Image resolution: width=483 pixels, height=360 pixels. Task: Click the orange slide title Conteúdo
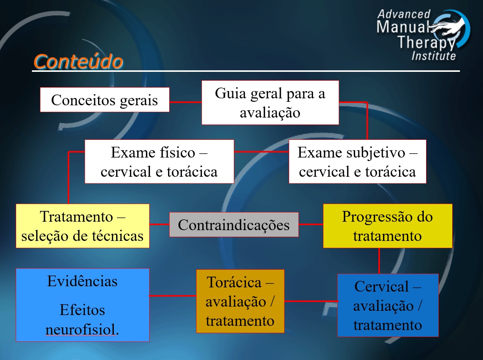point(78,61)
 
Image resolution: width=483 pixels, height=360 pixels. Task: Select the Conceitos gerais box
point(105,100)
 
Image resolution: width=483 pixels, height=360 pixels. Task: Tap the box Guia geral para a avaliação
point(270,103)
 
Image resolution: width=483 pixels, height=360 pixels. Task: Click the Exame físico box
point(159,161)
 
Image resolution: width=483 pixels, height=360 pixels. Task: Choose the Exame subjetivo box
point(357,161)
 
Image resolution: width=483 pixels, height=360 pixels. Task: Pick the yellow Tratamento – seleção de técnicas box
point(82,226)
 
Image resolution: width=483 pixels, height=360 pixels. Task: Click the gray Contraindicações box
point(234,225)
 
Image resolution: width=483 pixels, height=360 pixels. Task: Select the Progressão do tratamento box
point(387,226)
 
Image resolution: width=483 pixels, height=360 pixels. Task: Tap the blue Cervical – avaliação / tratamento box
point(388,305)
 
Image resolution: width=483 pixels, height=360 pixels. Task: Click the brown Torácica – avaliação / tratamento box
point(240,301)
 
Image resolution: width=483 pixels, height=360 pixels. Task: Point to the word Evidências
point(82,281)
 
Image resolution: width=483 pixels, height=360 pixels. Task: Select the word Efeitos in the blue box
point(82,310)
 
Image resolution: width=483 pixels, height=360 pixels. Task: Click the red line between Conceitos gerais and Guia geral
point(185,102)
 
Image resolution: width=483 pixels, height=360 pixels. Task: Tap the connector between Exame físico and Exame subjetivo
point(261,152)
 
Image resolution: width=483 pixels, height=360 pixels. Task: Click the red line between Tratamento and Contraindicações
point(159,224)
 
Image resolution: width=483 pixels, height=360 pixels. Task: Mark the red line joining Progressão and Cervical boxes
point(379,260)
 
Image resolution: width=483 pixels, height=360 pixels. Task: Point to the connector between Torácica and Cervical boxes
point(311,301)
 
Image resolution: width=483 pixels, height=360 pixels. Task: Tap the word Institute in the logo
point(433,56)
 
